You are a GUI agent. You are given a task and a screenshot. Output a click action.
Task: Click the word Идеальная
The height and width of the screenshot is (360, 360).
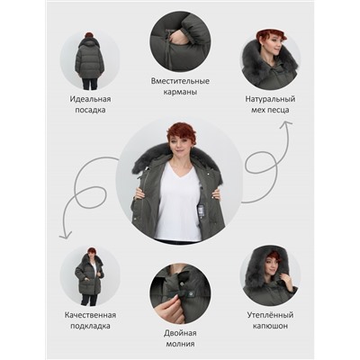[90, 99]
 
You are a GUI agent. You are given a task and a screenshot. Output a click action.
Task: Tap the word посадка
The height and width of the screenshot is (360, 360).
[90, 110]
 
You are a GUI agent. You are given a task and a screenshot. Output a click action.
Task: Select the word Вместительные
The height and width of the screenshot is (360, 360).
[180, 81]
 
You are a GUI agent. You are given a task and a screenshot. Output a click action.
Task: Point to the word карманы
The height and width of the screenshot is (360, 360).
[180, 92]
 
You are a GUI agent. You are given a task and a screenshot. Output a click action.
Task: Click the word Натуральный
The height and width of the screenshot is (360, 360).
[270, 99]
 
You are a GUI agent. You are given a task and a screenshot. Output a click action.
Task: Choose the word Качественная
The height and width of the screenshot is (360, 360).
[90, 315]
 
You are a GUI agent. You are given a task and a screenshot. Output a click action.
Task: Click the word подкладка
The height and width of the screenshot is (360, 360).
[90, 326]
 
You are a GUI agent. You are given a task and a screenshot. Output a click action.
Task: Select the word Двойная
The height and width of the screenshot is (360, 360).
[180, 333]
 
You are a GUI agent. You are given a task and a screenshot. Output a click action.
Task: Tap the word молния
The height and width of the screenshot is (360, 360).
[180, 344]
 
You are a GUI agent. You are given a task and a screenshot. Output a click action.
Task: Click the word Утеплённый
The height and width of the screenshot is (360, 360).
[270, 315]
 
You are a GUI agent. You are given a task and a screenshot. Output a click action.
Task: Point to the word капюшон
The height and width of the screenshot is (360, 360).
[270, 326]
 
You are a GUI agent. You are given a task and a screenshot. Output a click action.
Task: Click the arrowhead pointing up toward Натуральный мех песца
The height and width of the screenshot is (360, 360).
[286, 124]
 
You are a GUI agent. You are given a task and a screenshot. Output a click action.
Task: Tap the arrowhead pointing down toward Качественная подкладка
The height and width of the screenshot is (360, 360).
[65, 235]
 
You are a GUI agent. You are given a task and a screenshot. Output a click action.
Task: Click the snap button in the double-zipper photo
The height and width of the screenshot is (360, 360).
[182, 284]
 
